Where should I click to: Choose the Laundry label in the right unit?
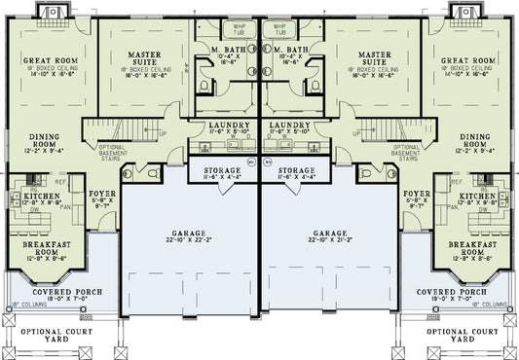coord(287,126)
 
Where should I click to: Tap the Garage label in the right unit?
coord(330,234)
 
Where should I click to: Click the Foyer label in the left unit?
coord(105,195)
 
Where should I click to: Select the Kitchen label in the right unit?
coord(480,196)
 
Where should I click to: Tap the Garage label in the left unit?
coord(189,234)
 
